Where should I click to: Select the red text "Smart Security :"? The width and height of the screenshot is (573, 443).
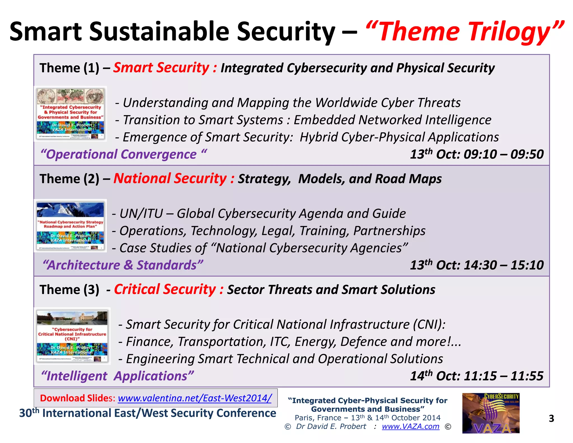coord(165,68)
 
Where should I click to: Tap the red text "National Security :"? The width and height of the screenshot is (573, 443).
coord(174,179)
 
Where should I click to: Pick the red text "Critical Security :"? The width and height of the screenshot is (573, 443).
coord(169,289)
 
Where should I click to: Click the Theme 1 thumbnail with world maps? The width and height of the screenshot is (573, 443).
coord(71,114)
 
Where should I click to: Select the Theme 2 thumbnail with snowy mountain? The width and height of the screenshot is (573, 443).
coord(71,226)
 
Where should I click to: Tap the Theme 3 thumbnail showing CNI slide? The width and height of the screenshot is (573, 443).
coord(72,336)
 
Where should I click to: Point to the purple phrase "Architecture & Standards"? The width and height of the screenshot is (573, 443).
coord(123,265)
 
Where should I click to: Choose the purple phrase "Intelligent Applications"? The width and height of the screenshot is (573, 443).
coord(117,376)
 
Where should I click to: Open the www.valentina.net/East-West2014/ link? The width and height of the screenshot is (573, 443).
coord(194,398)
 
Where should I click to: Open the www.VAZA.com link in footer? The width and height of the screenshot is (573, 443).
coord(410,426)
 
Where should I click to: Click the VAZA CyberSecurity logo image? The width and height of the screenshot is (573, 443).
coord(491,413)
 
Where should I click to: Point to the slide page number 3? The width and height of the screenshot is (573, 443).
coord(551,418)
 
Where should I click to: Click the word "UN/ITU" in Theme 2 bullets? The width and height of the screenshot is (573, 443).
coord(141,214)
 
